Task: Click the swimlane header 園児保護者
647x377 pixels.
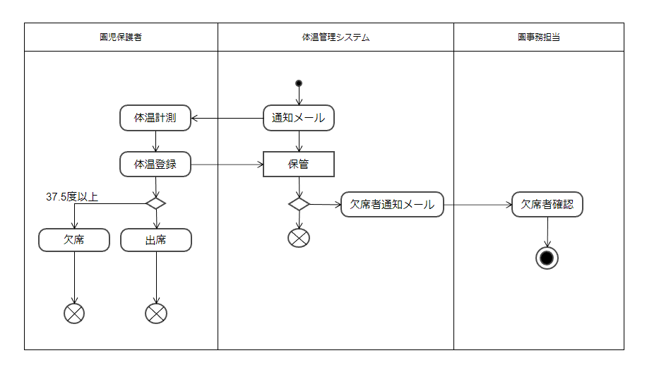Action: (121, 37)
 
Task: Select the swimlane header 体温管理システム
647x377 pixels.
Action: (336, 37)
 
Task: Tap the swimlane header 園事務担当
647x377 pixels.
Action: (538, 37)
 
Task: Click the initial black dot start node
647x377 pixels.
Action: (299, 83)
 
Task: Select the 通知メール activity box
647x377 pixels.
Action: (299, 118)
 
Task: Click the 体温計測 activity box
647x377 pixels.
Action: (155, 118)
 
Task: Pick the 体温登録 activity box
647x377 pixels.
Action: (155, 164)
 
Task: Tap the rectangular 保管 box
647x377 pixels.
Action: (299, 164)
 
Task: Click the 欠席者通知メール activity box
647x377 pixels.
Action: (392, 205)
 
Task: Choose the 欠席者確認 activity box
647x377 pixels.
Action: (547, 205)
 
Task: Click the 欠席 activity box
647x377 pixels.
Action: (74, 240)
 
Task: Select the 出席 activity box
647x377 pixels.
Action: (155, 240)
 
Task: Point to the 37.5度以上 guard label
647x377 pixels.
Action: (72, 197)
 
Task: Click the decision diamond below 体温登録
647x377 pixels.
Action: (155, 203)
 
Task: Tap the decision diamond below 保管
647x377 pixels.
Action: (299, 204)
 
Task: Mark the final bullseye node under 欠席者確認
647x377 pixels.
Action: (547, 258)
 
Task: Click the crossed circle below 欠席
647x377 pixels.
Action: (74, 313)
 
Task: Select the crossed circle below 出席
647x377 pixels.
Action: (155, 313)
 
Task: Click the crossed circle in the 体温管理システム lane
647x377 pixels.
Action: (299, 238)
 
